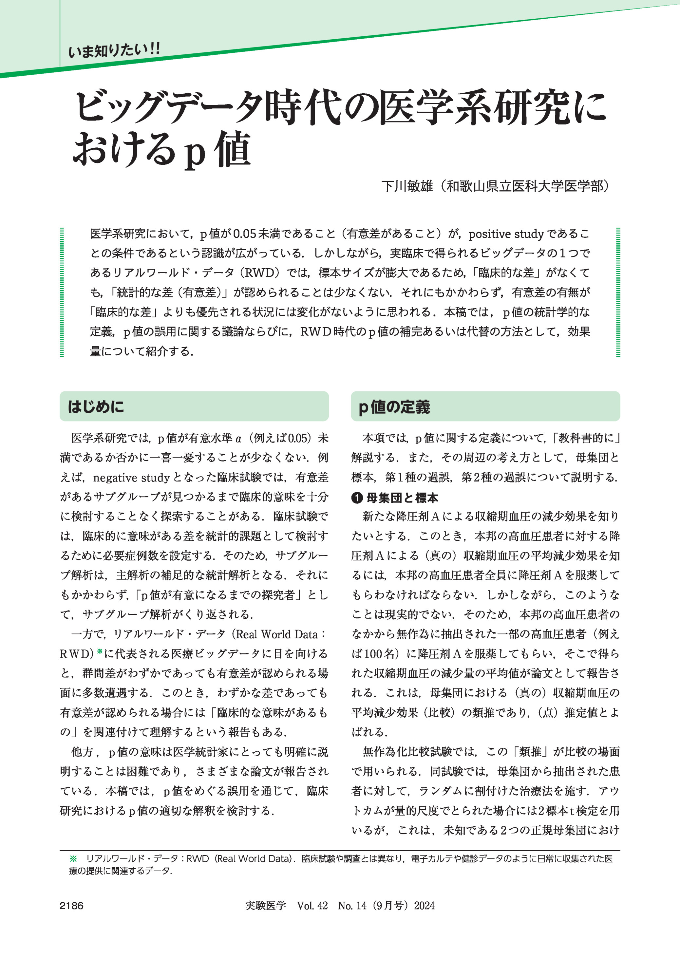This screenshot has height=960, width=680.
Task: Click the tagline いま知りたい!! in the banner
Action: (114, 51)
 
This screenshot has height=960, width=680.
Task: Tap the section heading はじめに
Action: (96, 406)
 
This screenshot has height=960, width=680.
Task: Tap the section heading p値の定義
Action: (394, 406)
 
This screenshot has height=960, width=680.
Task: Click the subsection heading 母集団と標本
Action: (402, 498)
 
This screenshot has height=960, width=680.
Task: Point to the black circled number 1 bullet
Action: (357, 498)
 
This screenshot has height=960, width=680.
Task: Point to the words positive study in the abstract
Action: (506, 234)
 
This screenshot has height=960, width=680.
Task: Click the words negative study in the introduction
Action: (131, 478)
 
